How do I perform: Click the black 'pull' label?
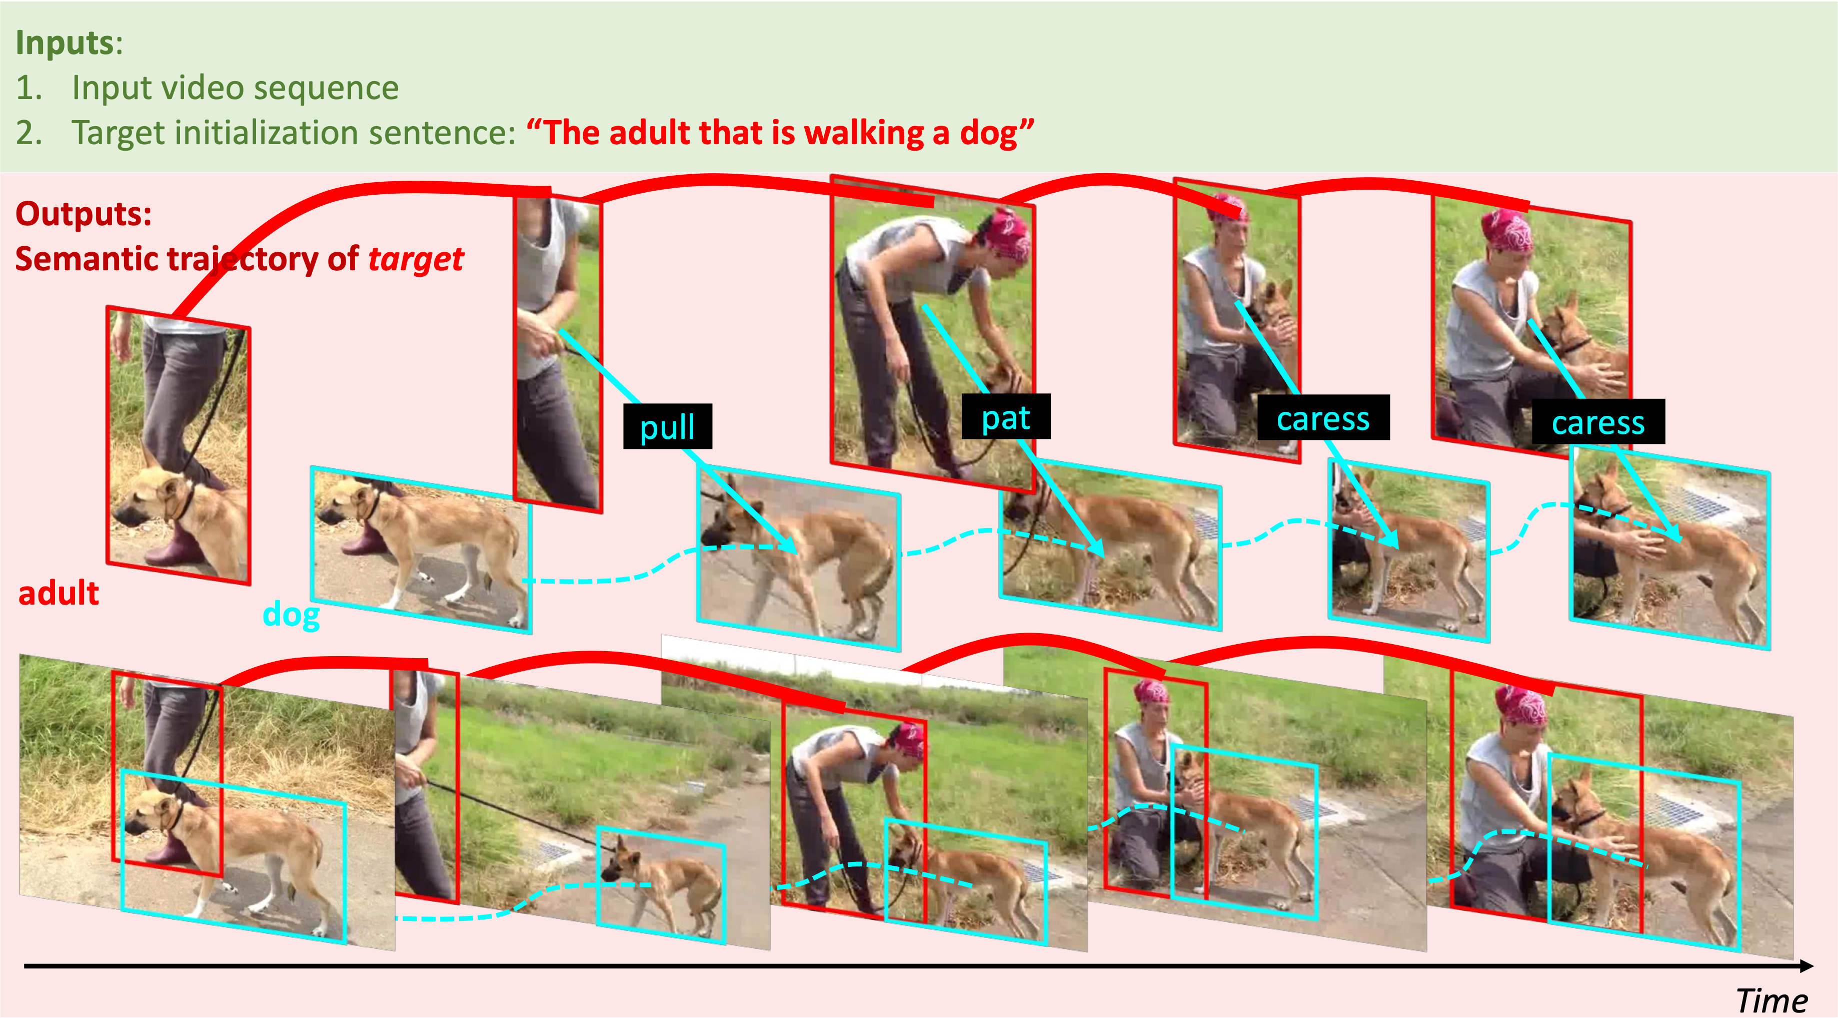click(667, 426)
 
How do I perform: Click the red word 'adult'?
click(59, 593)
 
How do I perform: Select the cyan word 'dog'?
click(291, 615)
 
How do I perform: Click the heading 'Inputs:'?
click(69, 43)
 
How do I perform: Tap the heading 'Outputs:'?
click(84, 213)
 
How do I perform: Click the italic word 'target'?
click(416, 260)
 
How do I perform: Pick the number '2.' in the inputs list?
click(29, 133)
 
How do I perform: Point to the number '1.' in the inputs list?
click(29, 88)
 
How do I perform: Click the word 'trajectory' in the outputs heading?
click(243, 260)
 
